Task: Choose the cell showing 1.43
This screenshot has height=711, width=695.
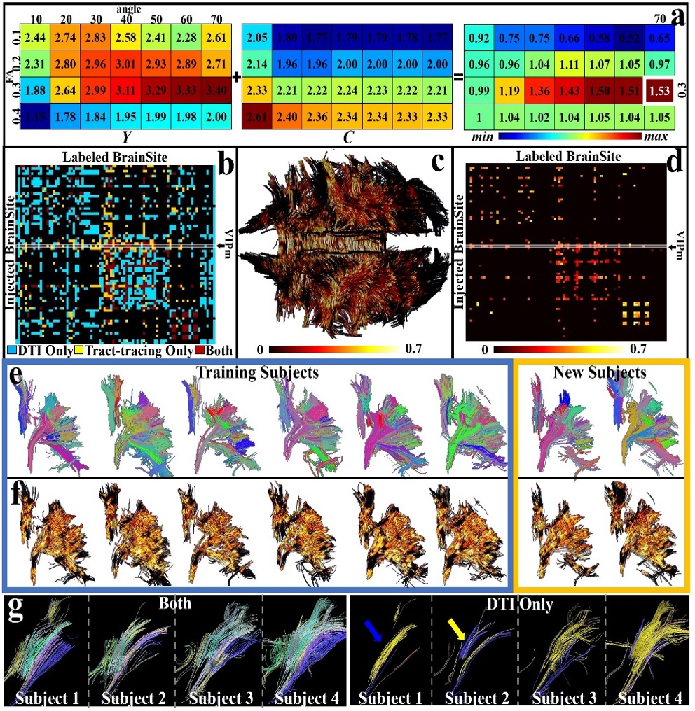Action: coord(569,109)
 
